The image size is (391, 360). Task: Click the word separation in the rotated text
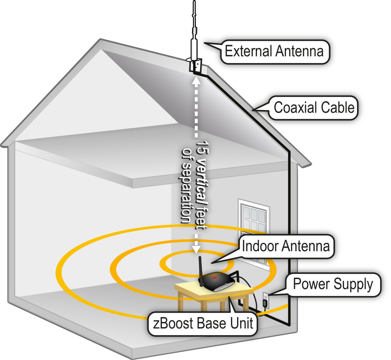[186, 191]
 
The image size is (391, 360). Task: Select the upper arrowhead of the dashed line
[196, 80]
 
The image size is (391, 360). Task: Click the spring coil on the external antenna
[195, 29]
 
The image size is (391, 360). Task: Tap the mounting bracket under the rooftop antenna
[195, 66]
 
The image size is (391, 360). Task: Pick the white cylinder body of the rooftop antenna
[195, 48]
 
